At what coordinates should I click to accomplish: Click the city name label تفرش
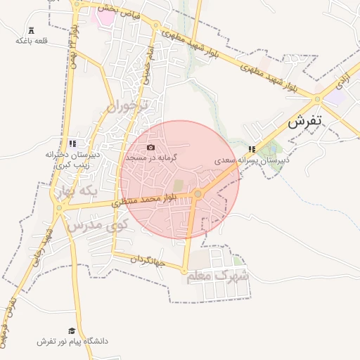click(304, 120)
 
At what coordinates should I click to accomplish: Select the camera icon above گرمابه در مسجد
click(150, 147)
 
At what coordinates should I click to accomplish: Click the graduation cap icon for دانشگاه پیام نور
click(71, 330)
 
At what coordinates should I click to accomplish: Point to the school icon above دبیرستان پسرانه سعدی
click(252, 149)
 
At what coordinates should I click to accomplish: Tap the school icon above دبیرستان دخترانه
click(73, 143)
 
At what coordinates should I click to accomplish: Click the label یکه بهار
click(77, 191)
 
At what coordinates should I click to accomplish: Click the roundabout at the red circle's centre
click(198, 193)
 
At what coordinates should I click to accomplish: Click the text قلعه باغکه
click(31, 41)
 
